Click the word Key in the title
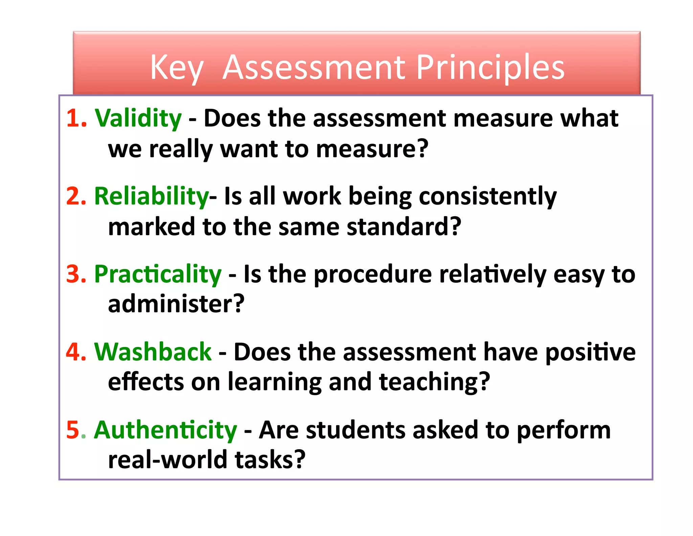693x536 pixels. point(176,68)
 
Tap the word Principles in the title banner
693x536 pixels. point(490,68)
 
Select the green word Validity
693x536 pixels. point(138,119)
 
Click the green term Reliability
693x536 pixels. point(151,197)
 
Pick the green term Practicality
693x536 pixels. point(158,274)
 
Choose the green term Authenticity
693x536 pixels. point(165,430)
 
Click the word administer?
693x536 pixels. point(176,304)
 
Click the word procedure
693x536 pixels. point(373,275)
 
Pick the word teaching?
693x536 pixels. point(434,382)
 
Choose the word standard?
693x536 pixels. point(404,227)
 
